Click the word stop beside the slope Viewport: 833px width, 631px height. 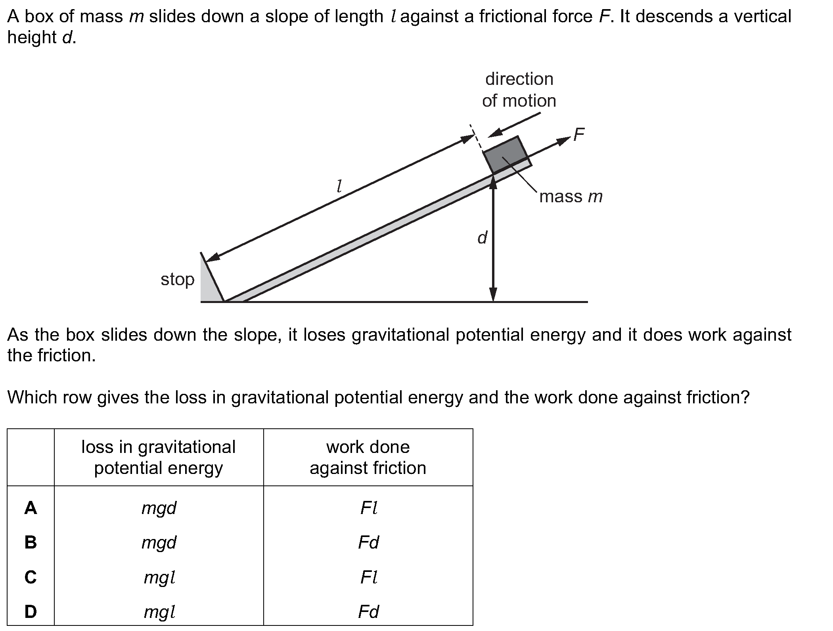tap(178, 279)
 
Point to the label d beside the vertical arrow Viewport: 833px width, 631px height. tap(482, 238)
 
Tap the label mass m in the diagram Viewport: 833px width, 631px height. tap(571, 196)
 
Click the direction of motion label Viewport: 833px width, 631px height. tap(519, 90)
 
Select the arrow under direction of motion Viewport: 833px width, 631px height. tap(514, 125)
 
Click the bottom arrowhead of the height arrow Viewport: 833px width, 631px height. tap(493, 294)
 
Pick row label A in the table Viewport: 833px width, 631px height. tap(31, 508)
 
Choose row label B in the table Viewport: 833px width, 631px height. tap(31, 542)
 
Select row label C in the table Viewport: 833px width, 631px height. tap(31, 577)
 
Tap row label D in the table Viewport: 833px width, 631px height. tap(31, 612)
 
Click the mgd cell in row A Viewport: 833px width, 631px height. tap(159, 508)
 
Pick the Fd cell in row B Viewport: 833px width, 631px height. tap(368, 542)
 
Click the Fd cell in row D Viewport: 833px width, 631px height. tap(368, 612)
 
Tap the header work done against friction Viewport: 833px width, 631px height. tap(368, 457)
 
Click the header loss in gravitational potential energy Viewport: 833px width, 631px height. tap(159, 457)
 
